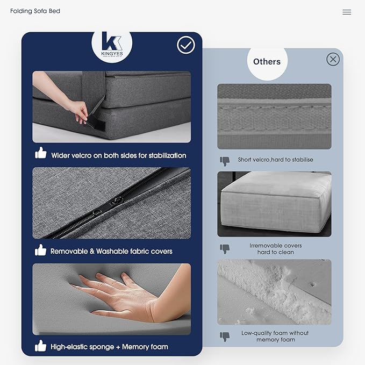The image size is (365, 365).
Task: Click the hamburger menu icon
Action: pyautogui.click(x=347, y=12)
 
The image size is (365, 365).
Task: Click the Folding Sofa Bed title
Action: pyautogui.click(x=35, y=11)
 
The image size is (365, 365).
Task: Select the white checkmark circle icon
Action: pyautogui.click(x=186, y=45)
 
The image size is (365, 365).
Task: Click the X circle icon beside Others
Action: pyautogui.click(x=333, y=59)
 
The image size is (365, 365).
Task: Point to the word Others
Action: pyautogui.click(x=267, y=62)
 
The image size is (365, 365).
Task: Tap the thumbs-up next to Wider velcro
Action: pyautogui.click(x=40, y=153)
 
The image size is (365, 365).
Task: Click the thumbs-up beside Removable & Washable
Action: pyautogui.click(x=40, y=250)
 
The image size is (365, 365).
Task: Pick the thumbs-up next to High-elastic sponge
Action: pyautogui.click(x=40, y=346)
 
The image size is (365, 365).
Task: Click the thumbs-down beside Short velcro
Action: pyautogui.click(x=225, y=161)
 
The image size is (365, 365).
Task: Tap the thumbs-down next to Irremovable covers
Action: pyautogui.click(x=225, y=249)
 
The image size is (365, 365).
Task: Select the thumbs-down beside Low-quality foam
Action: pyautogui.click(x=225, y=337)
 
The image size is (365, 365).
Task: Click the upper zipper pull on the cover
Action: pyautogui.click(x=117, y=200)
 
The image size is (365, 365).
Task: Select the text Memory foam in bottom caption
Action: pyautogui.click(x=145, y=347)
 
